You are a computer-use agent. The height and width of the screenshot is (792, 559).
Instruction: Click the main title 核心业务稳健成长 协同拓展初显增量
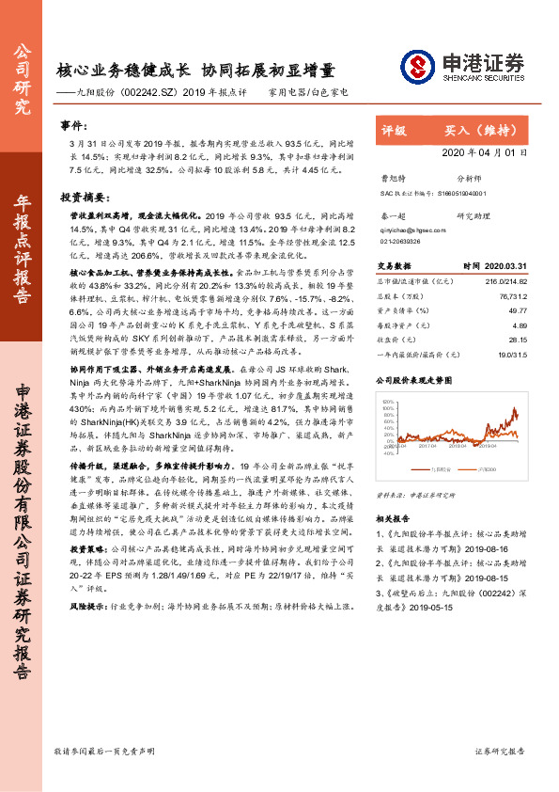tap(195, 71)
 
